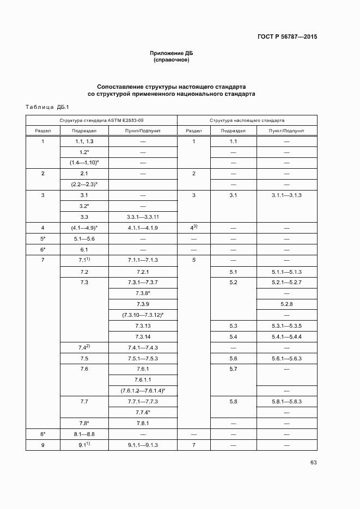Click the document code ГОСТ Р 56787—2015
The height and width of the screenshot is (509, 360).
point(286,37)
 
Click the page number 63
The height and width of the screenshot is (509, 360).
point(313,463)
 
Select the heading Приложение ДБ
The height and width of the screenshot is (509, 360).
point(172,53)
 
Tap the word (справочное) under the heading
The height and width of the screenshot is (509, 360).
point(172,60)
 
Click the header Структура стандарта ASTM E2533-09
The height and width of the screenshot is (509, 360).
point(102,120)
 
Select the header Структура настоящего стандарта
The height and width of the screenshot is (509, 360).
point(246,120)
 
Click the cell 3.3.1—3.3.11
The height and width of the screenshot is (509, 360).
point(143,217)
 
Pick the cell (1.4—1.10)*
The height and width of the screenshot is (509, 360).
point(84,162)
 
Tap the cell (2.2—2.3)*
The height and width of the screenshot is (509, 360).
point(84,184)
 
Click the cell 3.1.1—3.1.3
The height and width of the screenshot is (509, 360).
point(286,195)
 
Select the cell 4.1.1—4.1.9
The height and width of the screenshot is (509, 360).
point(143,228)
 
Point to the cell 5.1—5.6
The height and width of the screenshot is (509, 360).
point(84,238)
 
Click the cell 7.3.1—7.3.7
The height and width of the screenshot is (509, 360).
point(143,282)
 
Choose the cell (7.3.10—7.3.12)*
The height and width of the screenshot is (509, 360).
point(143,315)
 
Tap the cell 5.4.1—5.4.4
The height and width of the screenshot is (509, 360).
point(286,336)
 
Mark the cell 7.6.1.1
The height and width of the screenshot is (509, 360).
point(143,379)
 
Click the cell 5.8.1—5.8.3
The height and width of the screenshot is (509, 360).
point(286,401)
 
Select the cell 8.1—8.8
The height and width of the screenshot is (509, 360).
point(84,434)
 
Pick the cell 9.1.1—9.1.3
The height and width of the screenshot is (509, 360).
point(143,445)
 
